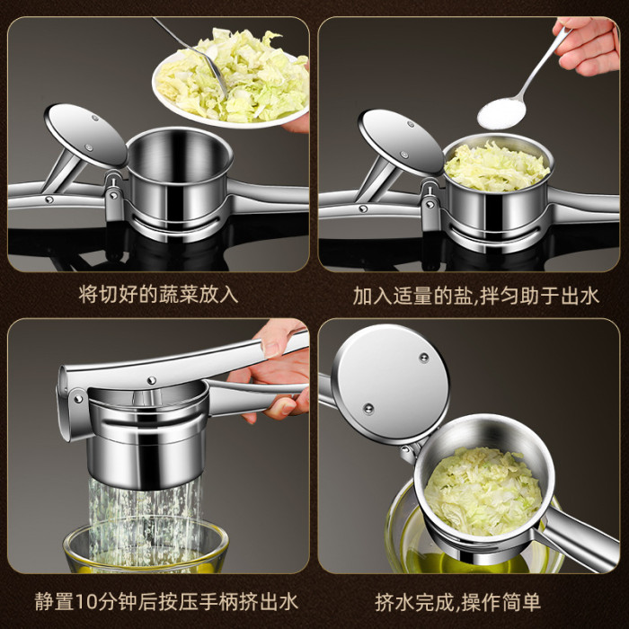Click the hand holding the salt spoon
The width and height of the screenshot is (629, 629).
coord(587,45)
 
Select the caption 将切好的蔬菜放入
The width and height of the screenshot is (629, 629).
coord(158,295)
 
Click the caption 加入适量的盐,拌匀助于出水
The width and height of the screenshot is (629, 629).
coord(475,296)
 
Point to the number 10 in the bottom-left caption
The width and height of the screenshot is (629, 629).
coord(85,602)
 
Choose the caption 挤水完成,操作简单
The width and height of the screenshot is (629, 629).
coord(457,602)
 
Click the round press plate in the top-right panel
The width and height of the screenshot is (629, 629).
coord(400,142)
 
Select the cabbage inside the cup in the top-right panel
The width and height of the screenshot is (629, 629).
coord(497,167)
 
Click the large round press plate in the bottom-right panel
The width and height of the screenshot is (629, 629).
coord(390,384)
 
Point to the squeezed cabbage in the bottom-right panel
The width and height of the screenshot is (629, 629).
coord(483,491)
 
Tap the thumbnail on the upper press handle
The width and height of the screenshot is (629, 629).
coord(271,349)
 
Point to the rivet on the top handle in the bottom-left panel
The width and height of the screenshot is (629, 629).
coord(151,380)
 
